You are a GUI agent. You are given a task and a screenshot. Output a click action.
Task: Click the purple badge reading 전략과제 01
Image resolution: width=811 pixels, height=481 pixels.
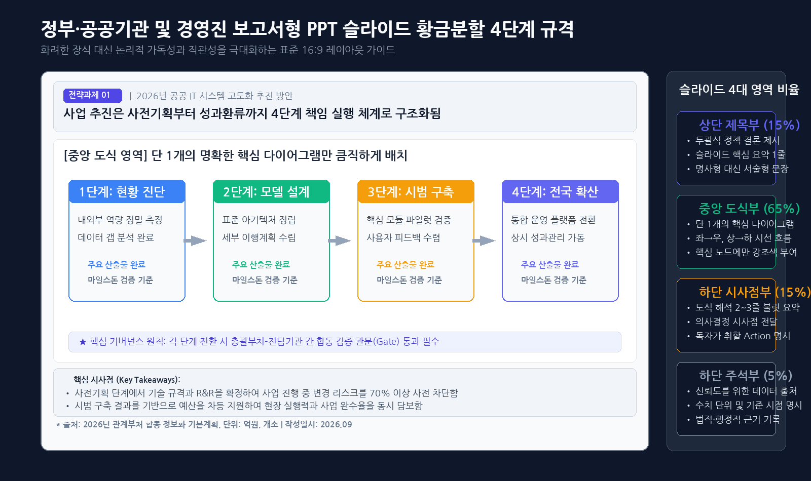click(x=93, y=95)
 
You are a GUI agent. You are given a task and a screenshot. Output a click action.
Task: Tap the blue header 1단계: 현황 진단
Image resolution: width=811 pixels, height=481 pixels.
click(x=127, y=191)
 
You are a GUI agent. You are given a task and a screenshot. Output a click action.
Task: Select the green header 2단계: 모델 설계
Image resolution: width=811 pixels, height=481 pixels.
click(x=271, y=191)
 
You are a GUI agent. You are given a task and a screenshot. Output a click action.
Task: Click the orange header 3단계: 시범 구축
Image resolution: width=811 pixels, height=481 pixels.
click(x=416, y=191)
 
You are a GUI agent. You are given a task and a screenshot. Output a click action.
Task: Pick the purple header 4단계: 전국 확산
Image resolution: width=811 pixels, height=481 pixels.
click(x=560, y=191)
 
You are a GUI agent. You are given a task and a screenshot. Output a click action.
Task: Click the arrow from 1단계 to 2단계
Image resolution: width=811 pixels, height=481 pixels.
click(x=195, y=240)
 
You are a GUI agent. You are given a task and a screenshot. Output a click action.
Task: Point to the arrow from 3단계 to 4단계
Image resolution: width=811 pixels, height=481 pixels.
click(x=484, y=240)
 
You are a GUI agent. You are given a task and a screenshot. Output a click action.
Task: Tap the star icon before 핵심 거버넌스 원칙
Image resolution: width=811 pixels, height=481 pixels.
click(x=83, y=342)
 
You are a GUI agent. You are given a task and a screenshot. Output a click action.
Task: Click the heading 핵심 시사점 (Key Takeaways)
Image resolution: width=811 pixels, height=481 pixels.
click(x=127, y=380)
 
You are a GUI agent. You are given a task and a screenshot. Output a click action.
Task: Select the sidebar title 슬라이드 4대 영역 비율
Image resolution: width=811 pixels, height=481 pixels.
click(x=739, y=89)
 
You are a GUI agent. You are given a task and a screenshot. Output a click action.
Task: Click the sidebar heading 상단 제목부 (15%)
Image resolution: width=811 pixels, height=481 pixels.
click(x=749, y=125)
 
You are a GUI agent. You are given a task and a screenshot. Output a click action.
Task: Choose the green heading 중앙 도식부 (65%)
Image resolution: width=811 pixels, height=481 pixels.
click(x=749, y=209)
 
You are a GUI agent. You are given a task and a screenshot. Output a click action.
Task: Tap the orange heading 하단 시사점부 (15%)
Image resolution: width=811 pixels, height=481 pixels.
click(x=755, y=292)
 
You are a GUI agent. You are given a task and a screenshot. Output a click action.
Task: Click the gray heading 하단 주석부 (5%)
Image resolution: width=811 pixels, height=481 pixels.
click(x=746, y=376)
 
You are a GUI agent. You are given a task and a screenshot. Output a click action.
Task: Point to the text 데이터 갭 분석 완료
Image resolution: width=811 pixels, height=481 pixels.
click(x=116, y=237)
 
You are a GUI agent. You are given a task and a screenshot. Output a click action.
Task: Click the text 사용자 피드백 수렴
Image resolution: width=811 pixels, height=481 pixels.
click(x=403, y=237)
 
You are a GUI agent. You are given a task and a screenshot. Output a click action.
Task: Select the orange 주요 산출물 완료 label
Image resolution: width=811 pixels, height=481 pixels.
click(x=405, y=265)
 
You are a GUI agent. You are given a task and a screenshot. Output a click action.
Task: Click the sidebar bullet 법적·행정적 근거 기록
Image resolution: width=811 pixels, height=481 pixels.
click(x=738, y=420)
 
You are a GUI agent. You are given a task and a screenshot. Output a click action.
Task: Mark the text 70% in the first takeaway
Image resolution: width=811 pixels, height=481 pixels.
click(x=380, y=393)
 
